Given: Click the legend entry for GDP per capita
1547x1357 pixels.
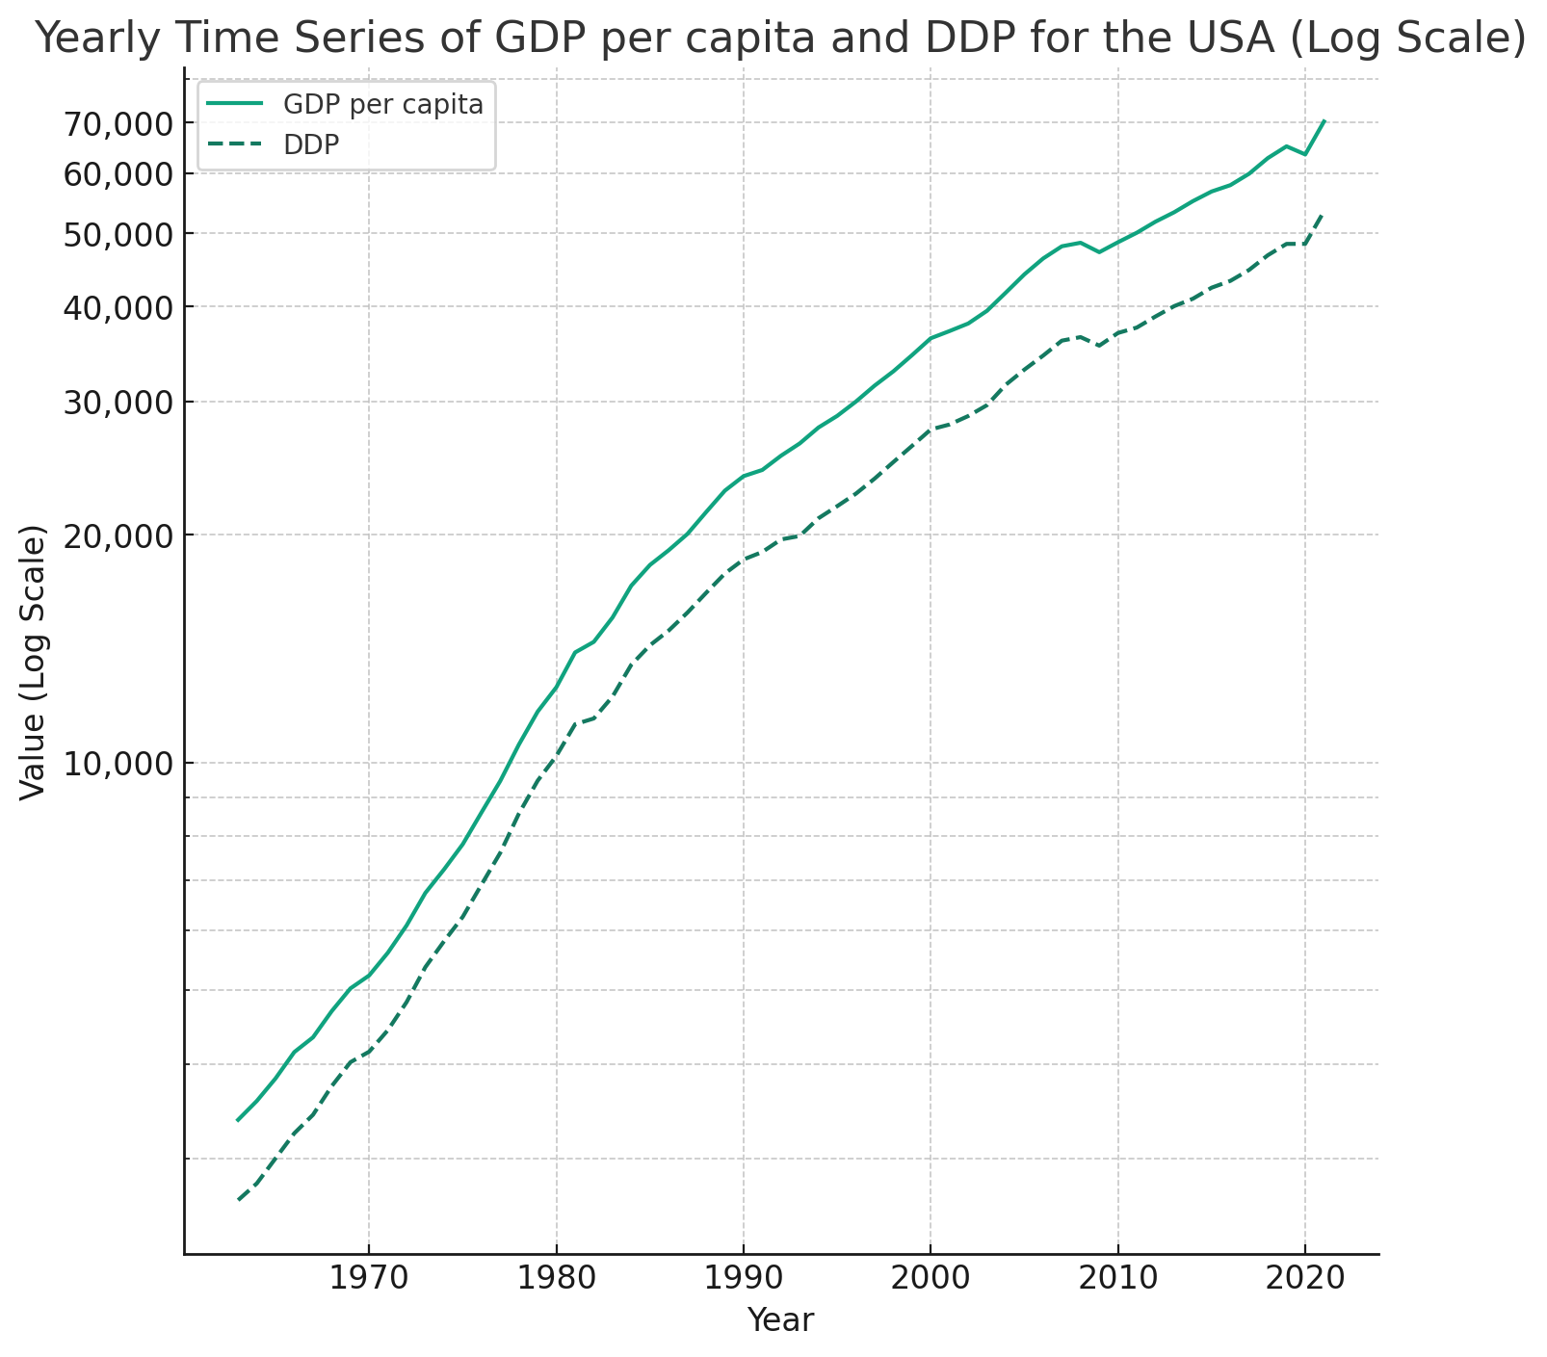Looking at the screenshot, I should coord(382,104).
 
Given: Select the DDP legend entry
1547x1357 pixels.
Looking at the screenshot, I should coord(311,144).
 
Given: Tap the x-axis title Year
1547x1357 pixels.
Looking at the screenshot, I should coord(780,1320).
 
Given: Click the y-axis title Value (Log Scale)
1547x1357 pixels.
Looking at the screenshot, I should coord(34,662).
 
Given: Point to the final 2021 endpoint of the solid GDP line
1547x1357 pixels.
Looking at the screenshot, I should coord(1324,121).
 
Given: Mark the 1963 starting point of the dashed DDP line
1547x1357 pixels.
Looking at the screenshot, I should coord(238,1199).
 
